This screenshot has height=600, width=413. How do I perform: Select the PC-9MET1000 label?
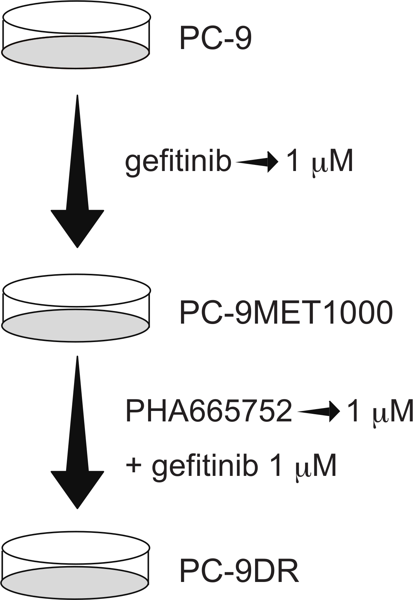286,312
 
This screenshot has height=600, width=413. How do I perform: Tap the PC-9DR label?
239,571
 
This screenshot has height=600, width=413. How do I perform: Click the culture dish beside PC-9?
76,35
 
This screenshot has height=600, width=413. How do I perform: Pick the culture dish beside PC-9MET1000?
76,308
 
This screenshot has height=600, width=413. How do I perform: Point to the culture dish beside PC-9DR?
76,566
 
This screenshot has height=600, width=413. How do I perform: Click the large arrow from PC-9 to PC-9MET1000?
77,173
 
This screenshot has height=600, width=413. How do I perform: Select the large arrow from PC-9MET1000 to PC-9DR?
77,433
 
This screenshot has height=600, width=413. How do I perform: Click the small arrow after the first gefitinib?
257,162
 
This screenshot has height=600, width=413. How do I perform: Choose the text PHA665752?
208,411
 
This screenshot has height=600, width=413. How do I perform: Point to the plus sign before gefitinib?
133,465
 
